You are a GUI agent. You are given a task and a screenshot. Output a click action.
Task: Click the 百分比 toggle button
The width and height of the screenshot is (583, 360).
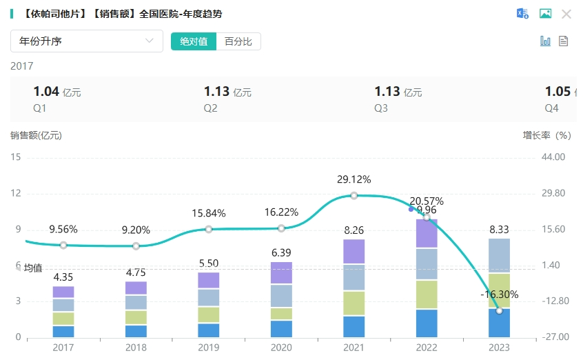pyautogui.click(x=238, y=41)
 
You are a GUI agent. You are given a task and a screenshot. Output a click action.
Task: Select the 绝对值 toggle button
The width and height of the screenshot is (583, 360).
pyautogui.click(x=194, y=41)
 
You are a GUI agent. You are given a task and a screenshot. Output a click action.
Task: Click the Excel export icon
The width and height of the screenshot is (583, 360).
pyautogui.click(x=522, y=14)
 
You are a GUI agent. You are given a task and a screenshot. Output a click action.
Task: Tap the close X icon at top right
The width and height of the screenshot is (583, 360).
pyautogui.click(x=566, y=14)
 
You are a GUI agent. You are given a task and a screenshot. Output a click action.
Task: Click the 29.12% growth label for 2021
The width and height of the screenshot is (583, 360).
pyautogui.click(x=354, y=179)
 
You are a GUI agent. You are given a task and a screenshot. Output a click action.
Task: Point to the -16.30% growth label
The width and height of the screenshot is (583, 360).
pyautogui.click(x=499, y=294)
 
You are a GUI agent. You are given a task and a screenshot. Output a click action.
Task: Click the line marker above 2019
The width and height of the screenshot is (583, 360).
pyautogui.click(x=209, y=229)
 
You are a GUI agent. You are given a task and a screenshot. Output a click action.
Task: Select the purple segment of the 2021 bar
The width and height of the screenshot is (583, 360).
pyautogui.click(x=354, y=251)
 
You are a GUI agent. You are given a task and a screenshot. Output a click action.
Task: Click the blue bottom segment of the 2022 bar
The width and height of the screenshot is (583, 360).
pyautogui.click(x=427, y=323)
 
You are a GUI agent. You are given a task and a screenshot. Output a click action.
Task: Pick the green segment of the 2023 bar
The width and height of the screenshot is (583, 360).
pyautogui.click(x=499, y=290)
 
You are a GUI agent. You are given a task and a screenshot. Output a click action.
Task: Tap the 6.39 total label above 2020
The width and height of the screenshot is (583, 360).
pyautogui.click(x=281, y=253)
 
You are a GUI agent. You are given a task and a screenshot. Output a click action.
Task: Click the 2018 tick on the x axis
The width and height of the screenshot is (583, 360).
pyautogui.click(x=136, y=348)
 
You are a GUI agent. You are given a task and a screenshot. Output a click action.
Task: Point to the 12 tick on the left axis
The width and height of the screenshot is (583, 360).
pyautogui.click(x=17, y=193)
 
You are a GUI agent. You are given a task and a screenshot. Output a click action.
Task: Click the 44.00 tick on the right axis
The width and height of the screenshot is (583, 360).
pyautogui.click(x=553, y=157)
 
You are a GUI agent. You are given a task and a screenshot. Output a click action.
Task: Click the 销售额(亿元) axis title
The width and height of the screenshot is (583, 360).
pyautogui.click(x=36, y=135)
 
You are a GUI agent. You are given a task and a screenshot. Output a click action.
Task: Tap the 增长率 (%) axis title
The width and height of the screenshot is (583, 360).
pyautogui.click(x=546, y=135)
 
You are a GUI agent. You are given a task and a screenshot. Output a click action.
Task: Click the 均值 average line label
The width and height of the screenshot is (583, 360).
pyautogui.click(x=33, y=268)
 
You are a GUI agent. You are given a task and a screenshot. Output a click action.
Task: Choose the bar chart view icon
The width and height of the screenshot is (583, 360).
pyautogui.click(x=545, y=41)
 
